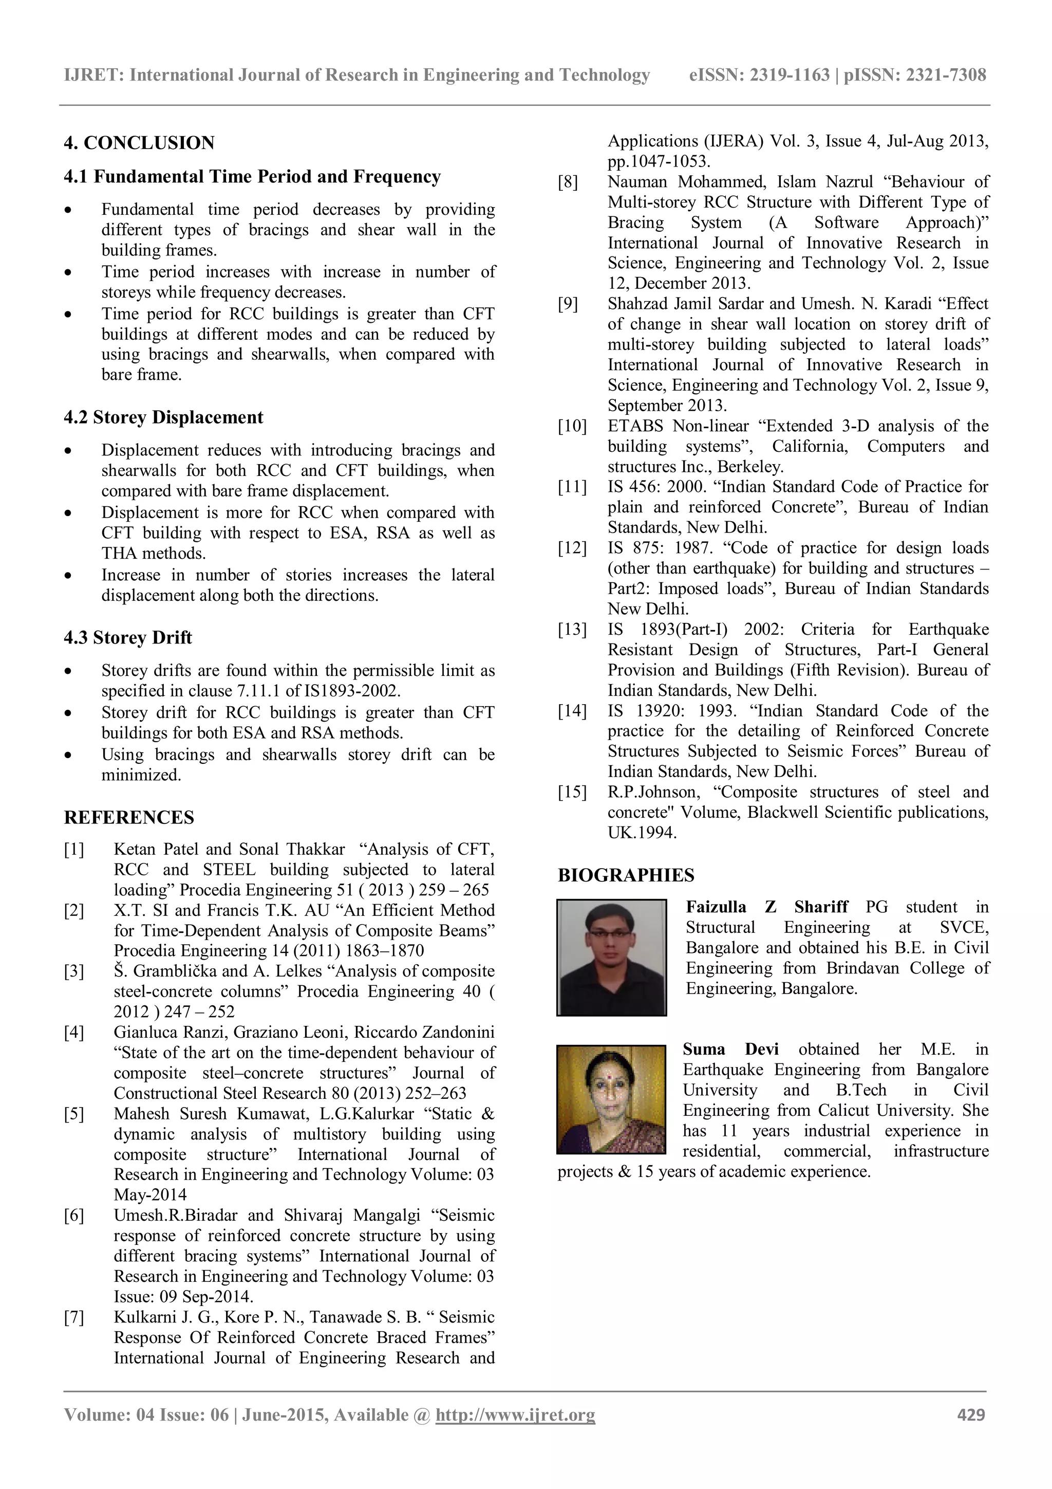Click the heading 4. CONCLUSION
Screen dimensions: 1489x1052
click(x=139, y=143)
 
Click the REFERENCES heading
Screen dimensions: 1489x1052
click(x=129, y=817)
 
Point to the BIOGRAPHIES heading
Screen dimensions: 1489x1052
click(x=626, y=875)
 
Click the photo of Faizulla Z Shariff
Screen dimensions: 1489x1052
click(x=611, y=957)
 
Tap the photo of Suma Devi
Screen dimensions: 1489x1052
click(x=611, y=1098)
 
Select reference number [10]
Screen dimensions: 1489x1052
click(x=572, y=426)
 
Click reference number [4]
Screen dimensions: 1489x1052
click(x=74, y=1032)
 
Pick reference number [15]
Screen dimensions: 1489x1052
click(x=572, y=792)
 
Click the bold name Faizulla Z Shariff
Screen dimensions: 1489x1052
click(x=766, y=907)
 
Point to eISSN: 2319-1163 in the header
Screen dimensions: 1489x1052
click(x=759, y=75)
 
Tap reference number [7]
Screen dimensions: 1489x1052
click(x=74, y=1317)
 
